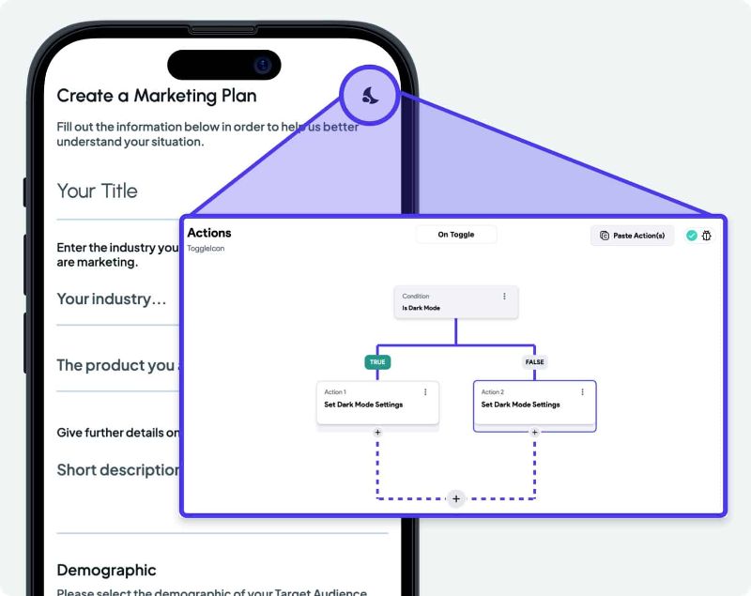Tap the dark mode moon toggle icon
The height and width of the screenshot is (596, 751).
[371, 94]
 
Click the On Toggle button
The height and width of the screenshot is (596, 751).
[456, 235]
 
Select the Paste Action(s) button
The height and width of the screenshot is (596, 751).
[632, 236]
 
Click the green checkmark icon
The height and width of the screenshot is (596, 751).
[692, 236]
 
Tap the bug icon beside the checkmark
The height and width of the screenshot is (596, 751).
[707, 236]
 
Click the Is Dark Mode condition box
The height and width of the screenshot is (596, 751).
[454, 302]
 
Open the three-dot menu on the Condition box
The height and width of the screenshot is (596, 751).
[504, 297]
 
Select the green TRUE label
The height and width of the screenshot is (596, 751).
[377, 361]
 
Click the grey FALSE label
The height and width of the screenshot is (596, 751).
[534, 361]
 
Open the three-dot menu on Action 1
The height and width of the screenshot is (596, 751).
[425, 392]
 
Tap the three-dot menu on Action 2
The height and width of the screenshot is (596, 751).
[583, 392]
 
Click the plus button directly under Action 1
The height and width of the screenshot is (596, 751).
[377, 433]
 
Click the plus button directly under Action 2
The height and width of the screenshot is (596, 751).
[535, 433]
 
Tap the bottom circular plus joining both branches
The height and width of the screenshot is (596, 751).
[456, 498]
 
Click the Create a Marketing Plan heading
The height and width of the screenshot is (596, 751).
[156, 96]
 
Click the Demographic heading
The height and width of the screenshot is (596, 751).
[106, 570]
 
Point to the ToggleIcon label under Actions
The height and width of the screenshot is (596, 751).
[206, 249]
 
